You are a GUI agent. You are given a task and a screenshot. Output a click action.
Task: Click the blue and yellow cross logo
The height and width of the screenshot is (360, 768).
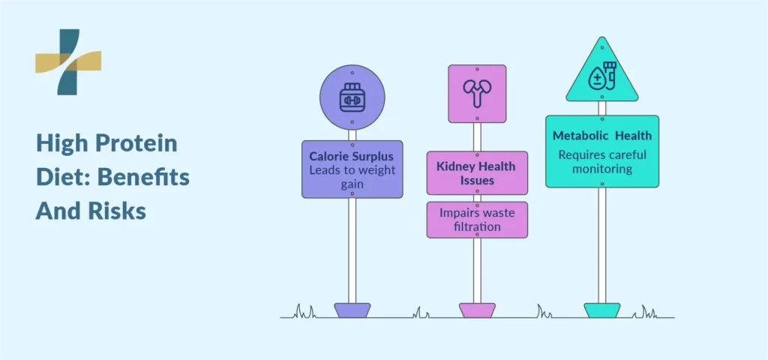[x=68, y=61]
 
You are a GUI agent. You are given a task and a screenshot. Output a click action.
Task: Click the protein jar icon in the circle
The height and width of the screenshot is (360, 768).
[x=352, y=97]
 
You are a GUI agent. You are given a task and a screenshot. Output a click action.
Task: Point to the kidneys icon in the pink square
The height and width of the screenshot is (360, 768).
[x=477, y=92]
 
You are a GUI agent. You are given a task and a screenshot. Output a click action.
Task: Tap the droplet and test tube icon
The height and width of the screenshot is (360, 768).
[x=602, y=77]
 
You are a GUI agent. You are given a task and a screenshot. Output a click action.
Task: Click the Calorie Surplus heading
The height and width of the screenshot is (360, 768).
[x=351, y=157]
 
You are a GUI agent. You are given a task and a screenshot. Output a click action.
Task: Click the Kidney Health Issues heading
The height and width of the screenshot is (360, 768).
[x=476, y=173]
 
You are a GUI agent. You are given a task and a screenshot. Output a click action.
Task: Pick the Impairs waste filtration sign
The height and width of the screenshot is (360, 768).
[x=477, y=220]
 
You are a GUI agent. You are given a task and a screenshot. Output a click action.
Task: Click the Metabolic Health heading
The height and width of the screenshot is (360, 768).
[x=602, y=136]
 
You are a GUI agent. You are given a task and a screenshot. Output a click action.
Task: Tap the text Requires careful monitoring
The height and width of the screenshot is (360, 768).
[x=602, y=162]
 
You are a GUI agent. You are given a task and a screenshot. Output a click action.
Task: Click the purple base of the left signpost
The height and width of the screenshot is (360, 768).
[x=352, y=310]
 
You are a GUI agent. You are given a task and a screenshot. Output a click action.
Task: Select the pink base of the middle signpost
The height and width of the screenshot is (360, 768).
[x=477, y=310]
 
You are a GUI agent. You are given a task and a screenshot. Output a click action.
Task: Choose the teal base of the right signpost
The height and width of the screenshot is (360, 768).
[x=602, y=310]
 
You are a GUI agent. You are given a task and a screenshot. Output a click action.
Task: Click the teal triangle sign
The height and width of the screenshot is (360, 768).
[x=602, y=73]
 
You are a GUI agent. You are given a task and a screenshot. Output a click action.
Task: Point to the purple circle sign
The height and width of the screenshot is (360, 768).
[x=352, y=97]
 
